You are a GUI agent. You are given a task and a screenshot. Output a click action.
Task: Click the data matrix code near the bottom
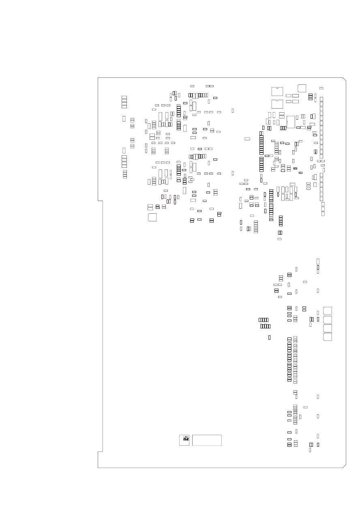(x=184, y=440)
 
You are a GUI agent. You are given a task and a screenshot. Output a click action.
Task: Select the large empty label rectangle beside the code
(x=207, y=440)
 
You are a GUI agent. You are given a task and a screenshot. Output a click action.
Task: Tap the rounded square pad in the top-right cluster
(x=302, y=88)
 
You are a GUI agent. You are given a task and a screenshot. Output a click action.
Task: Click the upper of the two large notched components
(x=277, y=91)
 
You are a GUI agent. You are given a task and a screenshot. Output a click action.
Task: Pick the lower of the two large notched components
(x=277, y=104)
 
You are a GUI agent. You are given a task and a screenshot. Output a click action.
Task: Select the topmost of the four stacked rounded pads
(x=328, y=311)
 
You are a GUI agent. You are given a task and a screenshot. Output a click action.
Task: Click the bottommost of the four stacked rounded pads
(x=328, y=337)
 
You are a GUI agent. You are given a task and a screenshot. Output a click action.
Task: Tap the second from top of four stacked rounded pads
(x=328, y=319)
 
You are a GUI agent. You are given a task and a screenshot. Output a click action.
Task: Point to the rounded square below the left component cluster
(x=152, y=217)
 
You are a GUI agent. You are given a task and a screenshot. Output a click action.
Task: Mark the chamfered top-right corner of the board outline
(x=345, y=79)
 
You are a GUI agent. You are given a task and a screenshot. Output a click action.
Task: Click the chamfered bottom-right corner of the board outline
(x=345, y=466)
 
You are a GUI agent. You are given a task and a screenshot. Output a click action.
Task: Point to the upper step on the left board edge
(x=100, y=201)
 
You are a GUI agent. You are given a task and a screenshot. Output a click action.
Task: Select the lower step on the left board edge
(x=100, y=451)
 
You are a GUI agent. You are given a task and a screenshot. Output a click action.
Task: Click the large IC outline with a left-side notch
(x=291, y=122)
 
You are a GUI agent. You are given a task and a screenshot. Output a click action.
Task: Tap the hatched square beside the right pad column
(x=315, y=152)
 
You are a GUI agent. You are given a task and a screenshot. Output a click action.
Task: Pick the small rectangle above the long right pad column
(x=321, y=88)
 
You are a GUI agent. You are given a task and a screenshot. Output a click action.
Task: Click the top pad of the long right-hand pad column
(x=321, y=99)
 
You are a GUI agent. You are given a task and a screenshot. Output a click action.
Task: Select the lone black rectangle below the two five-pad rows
(x=269, y=337)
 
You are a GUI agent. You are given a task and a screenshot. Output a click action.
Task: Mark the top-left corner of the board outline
(x=98, y=78)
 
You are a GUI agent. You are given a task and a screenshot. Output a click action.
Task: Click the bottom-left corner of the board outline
(x=98, y=467)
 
